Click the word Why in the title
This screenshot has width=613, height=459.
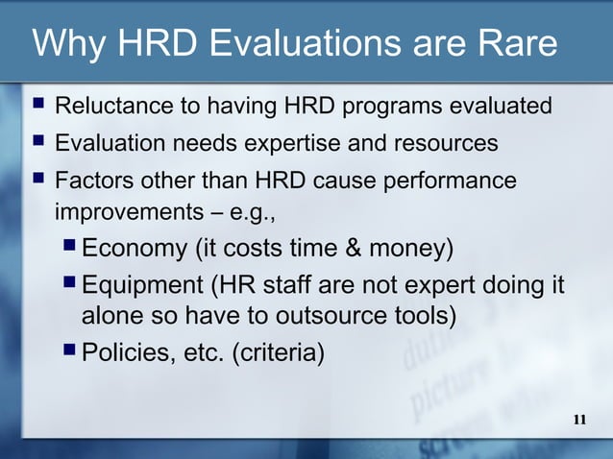(x=64, y=45)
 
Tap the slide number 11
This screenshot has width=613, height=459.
(x=579, y=420)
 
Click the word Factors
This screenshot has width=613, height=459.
(x=93, y=181)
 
